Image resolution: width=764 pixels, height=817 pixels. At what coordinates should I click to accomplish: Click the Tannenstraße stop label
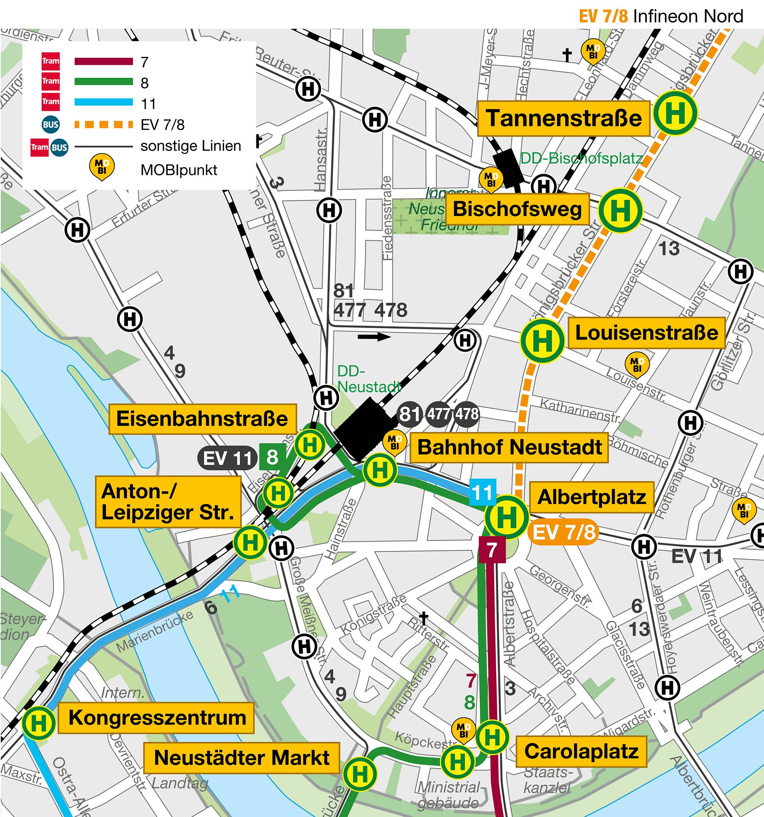563,118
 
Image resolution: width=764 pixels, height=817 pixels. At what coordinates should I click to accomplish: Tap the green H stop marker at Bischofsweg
620,210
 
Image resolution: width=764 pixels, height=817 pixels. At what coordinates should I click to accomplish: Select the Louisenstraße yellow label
646,333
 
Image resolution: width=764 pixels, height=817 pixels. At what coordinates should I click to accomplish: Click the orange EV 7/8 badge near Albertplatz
563,533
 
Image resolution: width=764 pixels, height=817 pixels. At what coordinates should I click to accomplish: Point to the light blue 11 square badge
482,492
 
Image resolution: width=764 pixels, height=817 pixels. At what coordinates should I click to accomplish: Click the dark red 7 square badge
492,549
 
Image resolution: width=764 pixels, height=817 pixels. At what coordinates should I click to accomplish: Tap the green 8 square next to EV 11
272,457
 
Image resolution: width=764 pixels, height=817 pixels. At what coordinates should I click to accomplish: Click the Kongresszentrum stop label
156,717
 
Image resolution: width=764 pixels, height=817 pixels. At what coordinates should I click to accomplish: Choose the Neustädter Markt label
241,757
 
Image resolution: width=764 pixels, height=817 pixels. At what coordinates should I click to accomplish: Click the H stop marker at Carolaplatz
492,737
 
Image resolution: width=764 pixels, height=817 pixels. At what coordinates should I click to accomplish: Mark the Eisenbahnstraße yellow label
202,419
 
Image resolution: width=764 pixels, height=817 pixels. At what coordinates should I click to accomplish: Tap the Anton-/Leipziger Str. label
168,502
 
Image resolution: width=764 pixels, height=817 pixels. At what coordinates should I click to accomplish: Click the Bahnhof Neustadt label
509,447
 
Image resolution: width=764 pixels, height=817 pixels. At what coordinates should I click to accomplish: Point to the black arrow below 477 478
374,337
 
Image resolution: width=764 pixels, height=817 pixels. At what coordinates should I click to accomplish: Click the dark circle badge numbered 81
410,414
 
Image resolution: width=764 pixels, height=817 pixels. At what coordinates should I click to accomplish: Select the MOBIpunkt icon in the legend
102,167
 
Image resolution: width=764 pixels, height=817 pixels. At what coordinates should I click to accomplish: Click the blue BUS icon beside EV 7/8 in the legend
50,124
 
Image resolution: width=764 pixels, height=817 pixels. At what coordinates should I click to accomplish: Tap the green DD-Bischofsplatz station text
581,158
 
